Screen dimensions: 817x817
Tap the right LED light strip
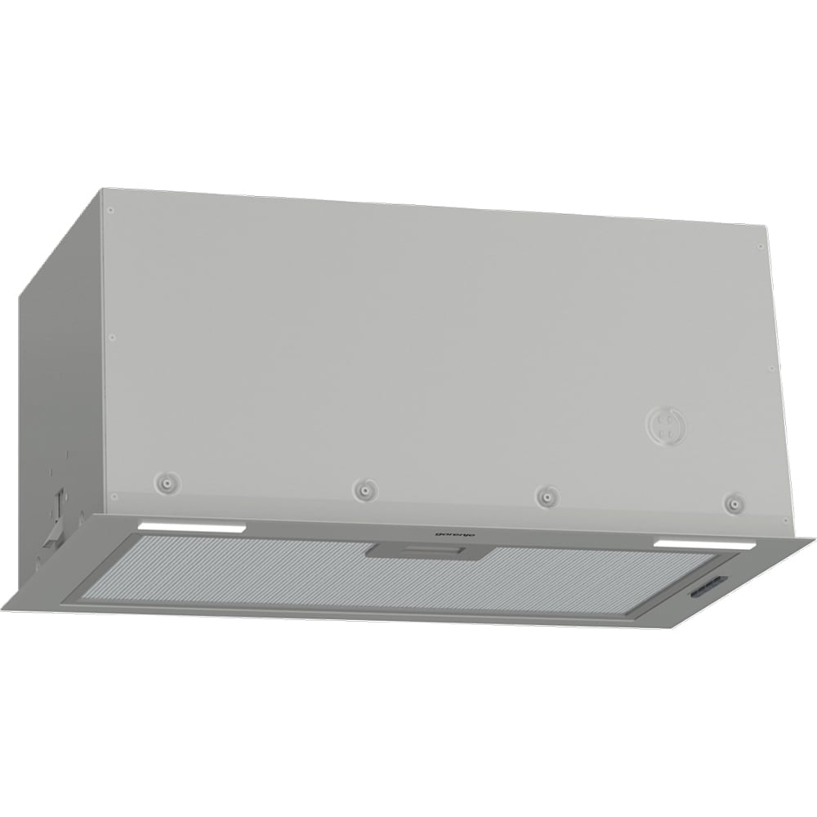pyautogui.click(x=705, y=544)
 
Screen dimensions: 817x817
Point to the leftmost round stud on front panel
pyautogui.click(x=166, y=482)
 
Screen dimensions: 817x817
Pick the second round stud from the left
pyautogui.click(x=365, y=490)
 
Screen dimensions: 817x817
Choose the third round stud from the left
pyautogui.click(x=546, y=496)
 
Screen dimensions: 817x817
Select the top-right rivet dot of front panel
pyautogui.click(x=760, y=246)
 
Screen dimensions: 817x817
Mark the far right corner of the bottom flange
pyautogui.click(x=813, y=539)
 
